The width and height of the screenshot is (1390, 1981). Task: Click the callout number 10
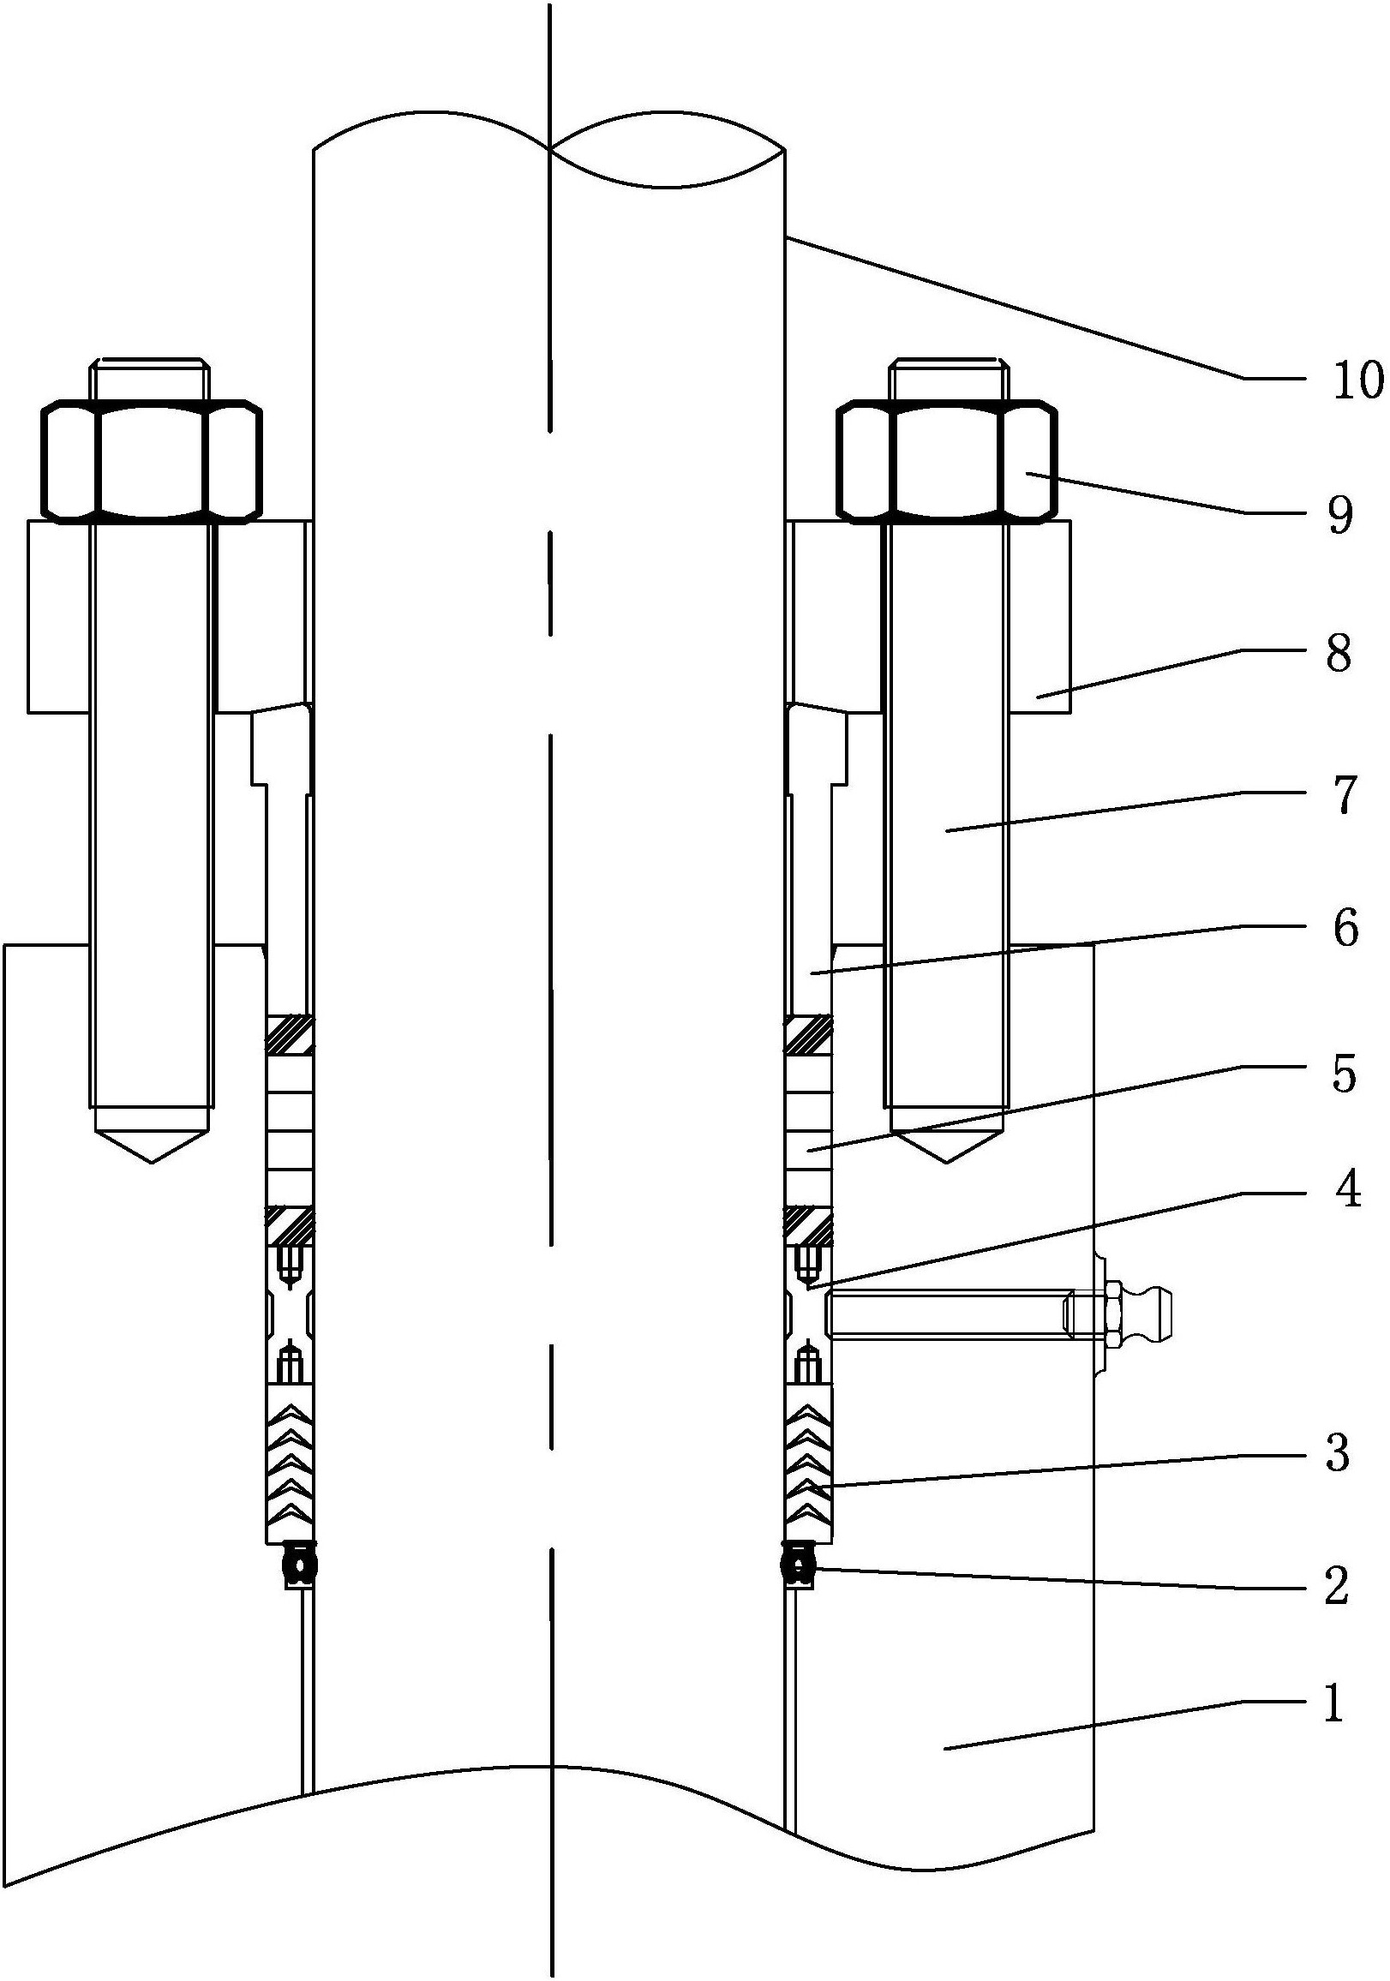coord(1357,380)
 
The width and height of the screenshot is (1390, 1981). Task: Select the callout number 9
coord(1339,515)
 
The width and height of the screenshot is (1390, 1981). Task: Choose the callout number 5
coord(1344,1074)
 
